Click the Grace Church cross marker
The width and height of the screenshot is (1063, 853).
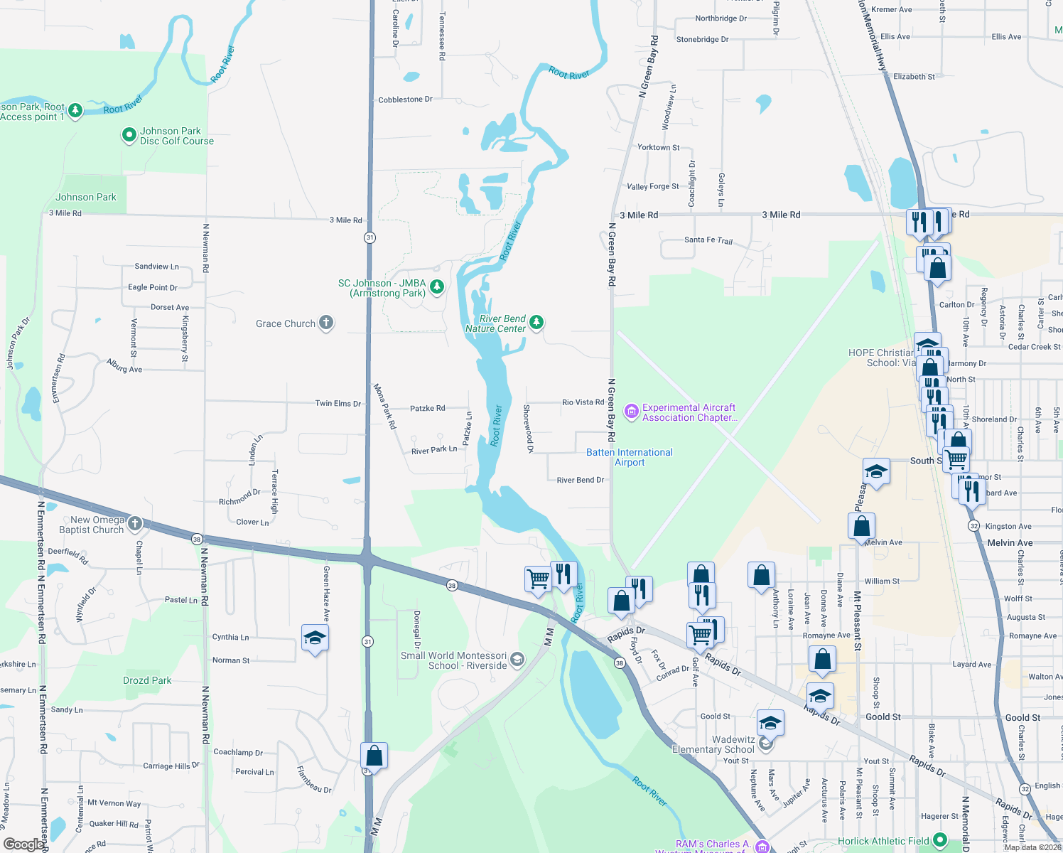326,323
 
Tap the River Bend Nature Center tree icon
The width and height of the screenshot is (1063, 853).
536,323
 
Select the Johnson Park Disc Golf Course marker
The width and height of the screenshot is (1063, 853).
129,134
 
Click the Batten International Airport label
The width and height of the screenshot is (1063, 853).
630,457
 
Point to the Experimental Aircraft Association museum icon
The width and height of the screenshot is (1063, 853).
631,411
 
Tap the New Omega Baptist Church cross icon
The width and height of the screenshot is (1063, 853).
134,523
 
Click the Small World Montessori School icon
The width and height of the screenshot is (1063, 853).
517,660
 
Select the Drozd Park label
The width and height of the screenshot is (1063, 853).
147,680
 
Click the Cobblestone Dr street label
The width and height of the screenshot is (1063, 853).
405,100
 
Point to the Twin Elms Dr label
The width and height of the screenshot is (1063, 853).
338,403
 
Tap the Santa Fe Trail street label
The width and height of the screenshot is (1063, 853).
708,240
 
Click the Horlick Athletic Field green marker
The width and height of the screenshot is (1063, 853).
940,840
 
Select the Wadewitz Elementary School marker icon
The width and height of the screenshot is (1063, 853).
765,744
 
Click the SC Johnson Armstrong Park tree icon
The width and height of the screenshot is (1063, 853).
438,286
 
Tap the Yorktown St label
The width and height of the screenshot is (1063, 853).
658,147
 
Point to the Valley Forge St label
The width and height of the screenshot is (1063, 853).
652,186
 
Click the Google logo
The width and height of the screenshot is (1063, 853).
23,844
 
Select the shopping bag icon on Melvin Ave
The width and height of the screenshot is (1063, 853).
861,527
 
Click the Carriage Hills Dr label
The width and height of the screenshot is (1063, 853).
171,766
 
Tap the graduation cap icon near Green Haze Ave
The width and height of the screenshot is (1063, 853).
315,638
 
